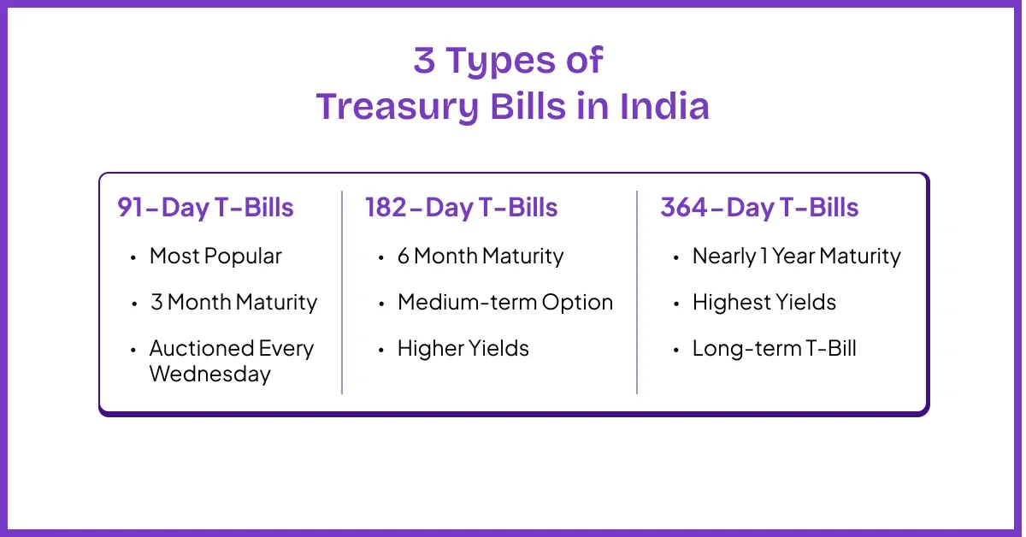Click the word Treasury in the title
point(398,107)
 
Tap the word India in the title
point(664,106)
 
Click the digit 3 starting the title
point(424,60)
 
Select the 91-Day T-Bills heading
point(205,207)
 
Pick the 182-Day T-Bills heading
point(461,207)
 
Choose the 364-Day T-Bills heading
point(759,207)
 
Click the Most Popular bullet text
point(215,257)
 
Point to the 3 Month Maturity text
point(233,303)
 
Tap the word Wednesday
point(209,374)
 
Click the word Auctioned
point(201,348)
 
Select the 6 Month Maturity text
point(481,257)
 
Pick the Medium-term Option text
point(505,303)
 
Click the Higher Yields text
point(463,348)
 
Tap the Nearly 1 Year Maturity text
point(797,257)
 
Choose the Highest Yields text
point(764,303)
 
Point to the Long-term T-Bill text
point(774,348)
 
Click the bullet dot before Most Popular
point(133,258)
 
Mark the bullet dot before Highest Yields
point(676,304)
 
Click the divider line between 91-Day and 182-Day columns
point(342,292)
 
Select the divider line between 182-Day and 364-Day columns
point(637,292)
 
